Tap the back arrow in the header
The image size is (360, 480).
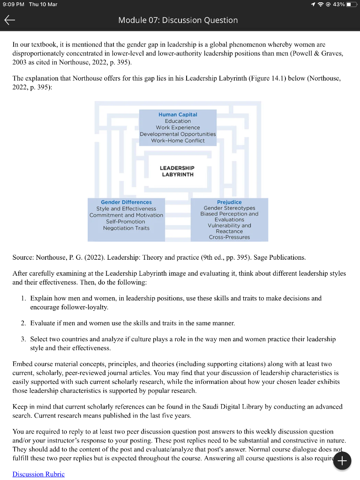[x=10, y=20]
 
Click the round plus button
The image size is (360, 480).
[x=342, y=461]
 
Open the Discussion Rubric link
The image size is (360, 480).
[x=38, y=474]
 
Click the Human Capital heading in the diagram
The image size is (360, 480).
[x=178, y=114]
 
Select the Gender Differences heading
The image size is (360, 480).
[x=126, y=202]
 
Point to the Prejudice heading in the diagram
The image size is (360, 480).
[x=229, y=202]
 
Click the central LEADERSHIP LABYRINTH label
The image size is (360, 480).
[x=177, y=171]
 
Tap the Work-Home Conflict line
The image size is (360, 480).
[x=178, y=141]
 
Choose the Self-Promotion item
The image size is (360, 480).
[x=126, y=221]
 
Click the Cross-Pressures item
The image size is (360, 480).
[x=229, y=237]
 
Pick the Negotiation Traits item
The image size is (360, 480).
[x=126, y=228]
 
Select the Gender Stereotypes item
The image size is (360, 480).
[x=229, y=208]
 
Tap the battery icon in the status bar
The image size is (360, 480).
[x=352, y=4]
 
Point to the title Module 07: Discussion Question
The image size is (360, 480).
[x=178, y=20]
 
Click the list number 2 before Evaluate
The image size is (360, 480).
[x=23, y=323]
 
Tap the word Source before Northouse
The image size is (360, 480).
[x=23, y=257]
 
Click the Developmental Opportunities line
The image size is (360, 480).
[x=178, y=134]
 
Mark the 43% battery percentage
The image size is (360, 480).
[x=339, y=4]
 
